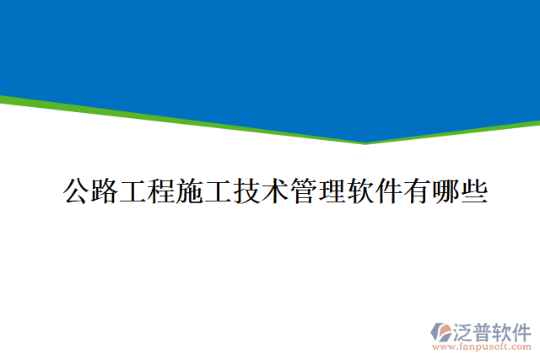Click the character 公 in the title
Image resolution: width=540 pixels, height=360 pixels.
tap(78, 191)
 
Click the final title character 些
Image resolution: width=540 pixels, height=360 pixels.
tap(473, 191)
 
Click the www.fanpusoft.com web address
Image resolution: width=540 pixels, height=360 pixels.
tap(481, 346)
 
